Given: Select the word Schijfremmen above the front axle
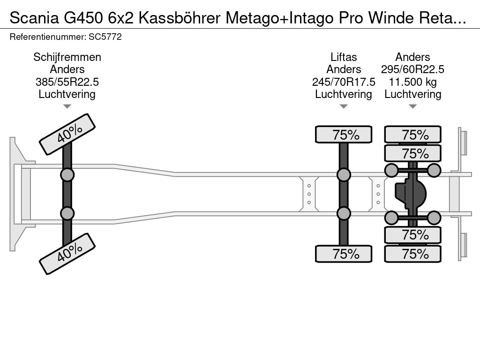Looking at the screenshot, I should (x=67, y=57).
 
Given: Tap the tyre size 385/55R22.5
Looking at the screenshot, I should (x=67, y=82).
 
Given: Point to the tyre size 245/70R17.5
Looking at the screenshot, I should (x=344, y=82).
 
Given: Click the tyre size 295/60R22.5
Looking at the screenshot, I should (x=413, y=69).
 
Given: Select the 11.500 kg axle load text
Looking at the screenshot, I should (x=413, y=82).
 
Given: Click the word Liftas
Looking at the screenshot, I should (x=344, y=57).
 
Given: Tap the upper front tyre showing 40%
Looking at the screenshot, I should (x=67, y=134).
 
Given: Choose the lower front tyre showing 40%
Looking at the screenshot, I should (x=67, y=254).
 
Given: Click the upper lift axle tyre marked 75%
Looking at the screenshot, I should (x=344, y=135).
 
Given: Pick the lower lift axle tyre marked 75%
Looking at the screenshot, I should (x=344, y=254).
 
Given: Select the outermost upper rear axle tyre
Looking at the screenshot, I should (x=413, y=135).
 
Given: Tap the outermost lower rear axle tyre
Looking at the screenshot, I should (x=413, y=254).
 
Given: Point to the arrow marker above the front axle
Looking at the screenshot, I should (x=67, y=106).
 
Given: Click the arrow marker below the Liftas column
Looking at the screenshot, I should (x=344, y=106).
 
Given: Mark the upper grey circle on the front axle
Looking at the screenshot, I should (x=67, y=175).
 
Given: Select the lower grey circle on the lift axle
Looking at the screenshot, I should (x=344, y=214).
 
